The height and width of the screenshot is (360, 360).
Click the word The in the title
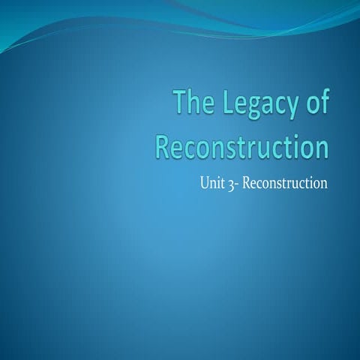[x=193, y=102]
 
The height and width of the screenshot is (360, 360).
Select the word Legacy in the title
[x=256, y=103]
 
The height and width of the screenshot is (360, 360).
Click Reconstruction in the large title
[x=241, y=145]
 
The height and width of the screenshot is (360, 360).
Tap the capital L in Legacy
[x=223, y=101]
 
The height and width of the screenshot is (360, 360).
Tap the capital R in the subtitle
[x=247, y=180]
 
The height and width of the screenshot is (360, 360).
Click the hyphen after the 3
[x=238, y=181]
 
